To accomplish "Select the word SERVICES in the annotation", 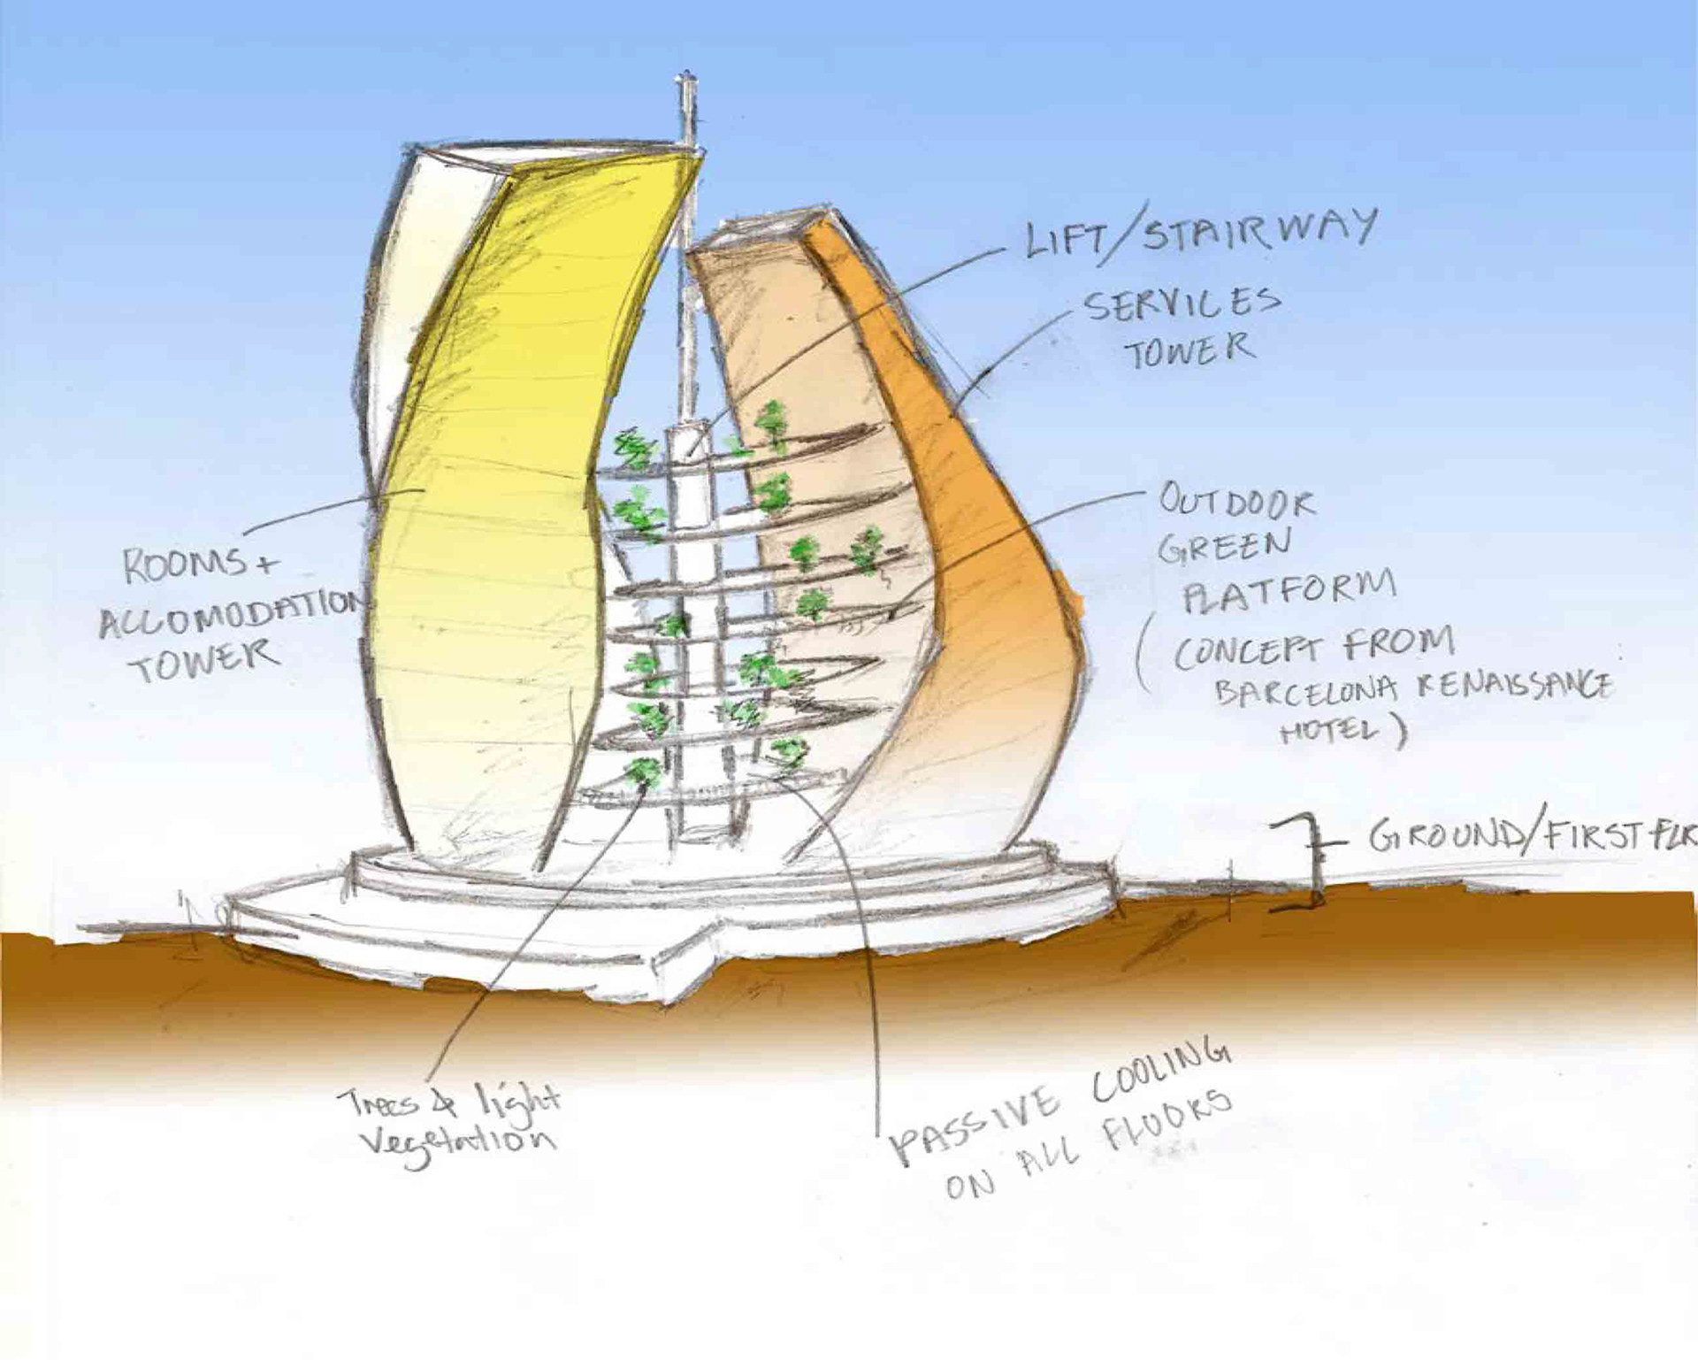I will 1182,304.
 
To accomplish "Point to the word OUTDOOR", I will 1236,503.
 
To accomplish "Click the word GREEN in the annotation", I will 1224,546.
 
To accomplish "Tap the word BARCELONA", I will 1305,690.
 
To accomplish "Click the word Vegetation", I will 457,1144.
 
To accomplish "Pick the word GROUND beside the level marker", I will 1445,836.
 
